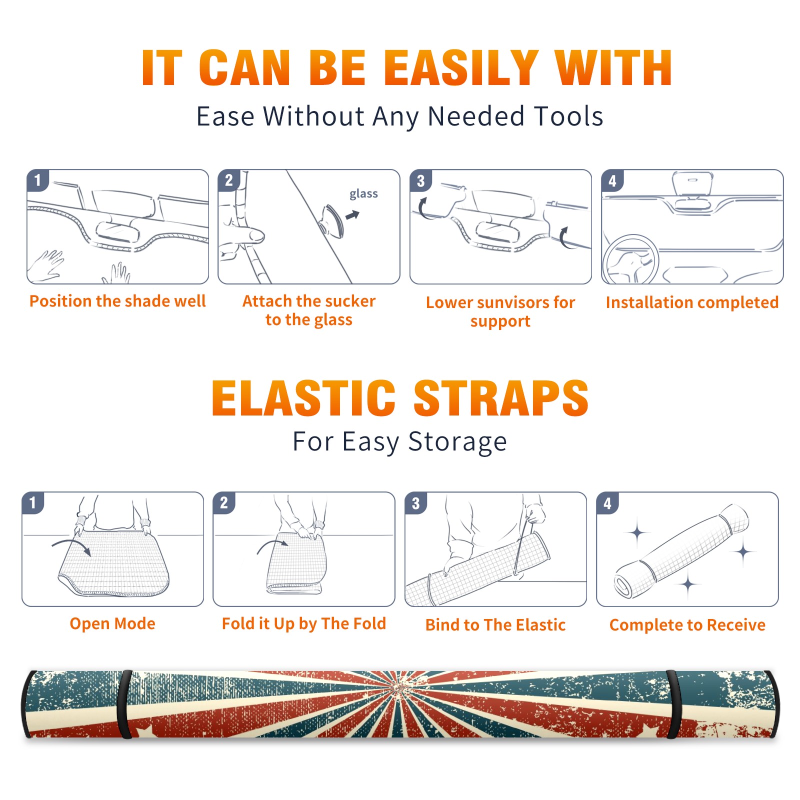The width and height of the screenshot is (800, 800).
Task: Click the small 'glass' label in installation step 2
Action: [x=363, y=194]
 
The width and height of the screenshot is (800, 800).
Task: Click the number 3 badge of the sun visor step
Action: [x=420, y=180]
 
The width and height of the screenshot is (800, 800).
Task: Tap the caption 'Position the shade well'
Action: [x=117, y=301]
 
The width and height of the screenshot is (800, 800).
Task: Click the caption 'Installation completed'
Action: [x=692, y=302]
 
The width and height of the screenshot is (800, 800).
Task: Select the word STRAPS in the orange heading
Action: [x=501, y=398]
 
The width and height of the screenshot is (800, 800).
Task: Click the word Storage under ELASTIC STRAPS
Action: [x=457, y=442]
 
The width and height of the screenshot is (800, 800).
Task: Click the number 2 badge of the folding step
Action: [x=224, y=502]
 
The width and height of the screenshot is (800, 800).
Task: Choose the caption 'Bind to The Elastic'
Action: [x=495, y=625]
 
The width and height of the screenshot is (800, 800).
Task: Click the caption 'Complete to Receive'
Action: [x=687, y=625]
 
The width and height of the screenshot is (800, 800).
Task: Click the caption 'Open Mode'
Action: [x=112, y=623]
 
